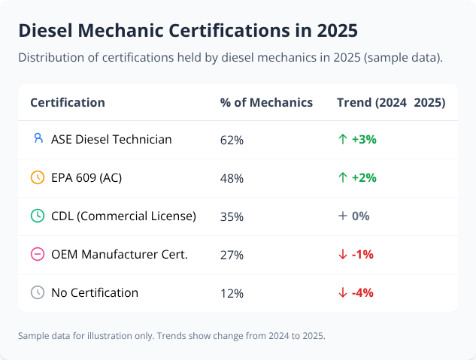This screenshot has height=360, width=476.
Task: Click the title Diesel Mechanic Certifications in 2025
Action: [187, 31]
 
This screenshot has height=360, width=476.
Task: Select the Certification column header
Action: [68, 102]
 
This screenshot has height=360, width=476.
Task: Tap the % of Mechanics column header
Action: [266, 102]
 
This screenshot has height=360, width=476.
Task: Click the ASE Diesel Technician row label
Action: [111, 139]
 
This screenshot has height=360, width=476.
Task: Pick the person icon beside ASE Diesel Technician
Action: [38, 139]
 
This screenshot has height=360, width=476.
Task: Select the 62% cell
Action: [232, 140]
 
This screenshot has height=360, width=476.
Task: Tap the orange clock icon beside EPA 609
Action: [38, 178]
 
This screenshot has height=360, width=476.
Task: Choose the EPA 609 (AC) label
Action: [86, 178]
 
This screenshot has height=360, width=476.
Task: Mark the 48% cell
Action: [232, 178]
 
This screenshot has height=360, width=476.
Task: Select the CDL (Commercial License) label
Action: [123, 216]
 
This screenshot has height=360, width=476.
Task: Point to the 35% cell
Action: [232, 216]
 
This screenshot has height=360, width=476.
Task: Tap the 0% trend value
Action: [360, 216]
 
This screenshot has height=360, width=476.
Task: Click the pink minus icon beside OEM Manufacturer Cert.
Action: [38, 255]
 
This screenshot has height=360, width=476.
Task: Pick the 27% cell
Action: [232, 255]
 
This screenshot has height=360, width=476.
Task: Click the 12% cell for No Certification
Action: [232, 293]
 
